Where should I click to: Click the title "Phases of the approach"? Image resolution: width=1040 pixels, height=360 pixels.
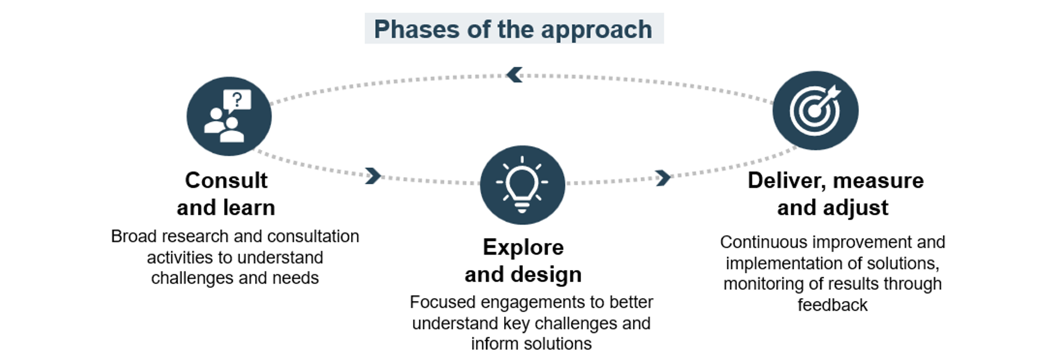513,29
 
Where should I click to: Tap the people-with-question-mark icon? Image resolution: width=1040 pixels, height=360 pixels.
229,116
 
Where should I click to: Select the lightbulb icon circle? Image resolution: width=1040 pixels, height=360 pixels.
522,185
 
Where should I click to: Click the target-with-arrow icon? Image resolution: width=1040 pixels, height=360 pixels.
815,111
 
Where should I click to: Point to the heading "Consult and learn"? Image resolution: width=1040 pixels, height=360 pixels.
226,194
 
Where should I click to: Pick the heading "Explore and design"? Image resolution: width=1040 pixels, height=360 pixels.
523,261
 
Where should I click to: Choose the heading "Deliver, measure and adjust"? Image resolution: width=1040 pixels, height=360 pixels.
835,194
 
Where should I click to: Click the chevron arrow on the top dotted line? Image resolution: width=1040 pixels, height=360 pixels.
514,75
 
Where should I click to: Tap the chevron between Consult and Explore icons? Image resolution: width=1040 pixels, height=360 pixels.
373,175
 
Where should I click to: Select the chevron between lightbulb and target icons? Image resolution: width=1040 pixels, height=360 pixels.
663,178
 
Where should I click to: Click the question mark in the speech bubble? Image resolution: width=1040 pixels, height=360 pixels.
237,99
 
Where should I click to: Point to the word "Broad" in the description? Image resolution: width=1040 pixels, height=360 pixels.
134,236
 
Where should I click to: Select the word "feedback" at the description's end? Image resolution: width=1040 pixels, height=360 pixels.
832,305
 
